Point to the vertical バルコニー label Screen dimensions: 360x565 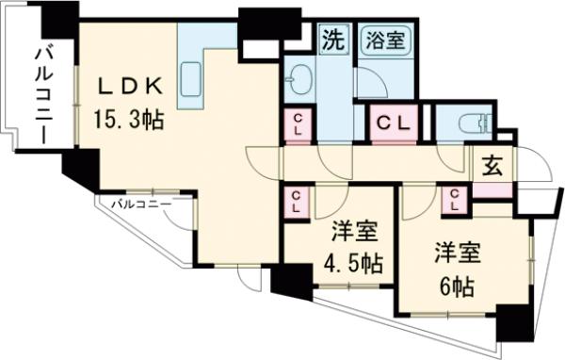click(41, 95)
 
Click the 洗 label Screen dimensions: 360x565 click(332, 41)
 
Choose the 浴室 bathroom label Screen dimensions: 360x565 click(384, 41)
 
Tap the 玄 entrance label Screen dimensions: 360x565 click(492, 165)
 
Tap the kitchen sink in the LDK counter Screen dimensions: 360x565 click(191, 75)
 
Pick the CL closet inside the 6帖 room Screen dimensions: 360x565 click(457, 201)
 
